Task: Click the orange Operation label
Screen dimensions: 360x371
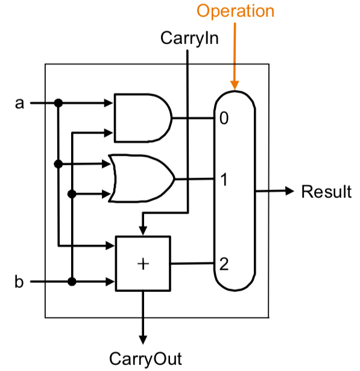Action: point(235,11)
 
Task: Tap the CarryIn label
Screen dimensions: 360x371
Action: point(189,38)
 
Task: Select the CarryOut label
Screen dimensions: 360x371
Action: point(145,359)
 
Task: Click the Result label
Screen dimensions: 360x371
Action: point(326,191)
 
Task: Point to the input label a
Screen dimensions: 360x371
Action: point(20,103)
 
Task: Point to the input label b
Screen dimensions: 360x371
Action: point(19,281)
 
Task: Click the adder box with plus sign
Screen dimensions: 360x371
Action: point(143,264)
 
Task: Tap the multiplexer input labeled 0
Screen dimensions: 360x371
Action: point(224,118)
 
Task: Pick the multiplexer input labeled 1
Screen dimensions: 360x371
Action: point(224,180)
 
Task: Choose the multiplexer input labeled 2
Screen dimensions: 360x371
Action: point(224,264)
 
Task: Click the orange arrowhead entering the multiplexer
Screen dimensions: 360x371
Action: point(235,85)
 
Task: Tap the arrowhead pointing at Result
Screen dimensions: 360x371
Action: point(289,191)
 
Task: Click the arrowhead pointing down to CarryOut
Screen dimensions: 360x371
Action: point(143,340)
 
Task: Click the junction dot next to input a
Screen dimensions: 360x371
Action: point(58,103)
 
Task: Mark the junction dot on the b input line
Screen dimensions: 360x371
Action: point(72,282)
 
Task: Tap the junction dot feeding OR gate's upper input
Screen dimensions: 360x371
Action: point(58,163)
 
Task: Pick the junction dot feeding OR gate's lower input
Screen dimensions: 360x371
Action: point(72,194)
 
